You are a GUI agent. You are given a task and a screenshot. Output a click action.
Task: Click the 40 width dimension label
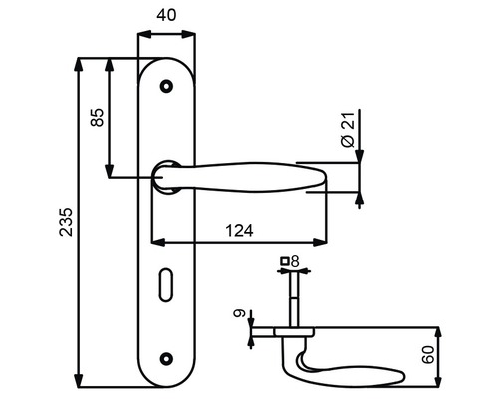(x=166, y=15)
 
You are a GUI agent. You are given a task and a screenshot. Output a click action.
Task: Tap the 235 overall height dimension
(x=66, y=222)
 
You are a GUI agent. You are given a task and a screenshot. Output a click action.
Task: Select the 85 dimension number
(x=97, y=117)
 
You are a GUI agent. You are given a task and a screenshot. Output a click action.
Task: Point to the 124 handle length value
(x=239, y=231)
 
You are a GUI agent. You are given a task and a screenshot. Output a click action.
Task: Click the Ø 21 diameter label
(x=348, y=130)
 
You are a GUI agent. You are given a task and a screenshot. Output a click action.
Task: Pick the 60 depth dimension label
(x=428, y=355)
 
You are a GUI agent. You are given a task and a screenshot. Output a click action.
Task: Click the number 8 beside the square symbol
(x=295, y=261)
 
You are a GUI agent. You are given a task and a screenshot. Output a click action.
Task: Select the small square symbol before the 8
(x=285, y=261)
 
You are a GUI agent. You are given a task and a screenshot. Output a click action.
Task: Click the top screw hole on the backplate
(x=166, y=86)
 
